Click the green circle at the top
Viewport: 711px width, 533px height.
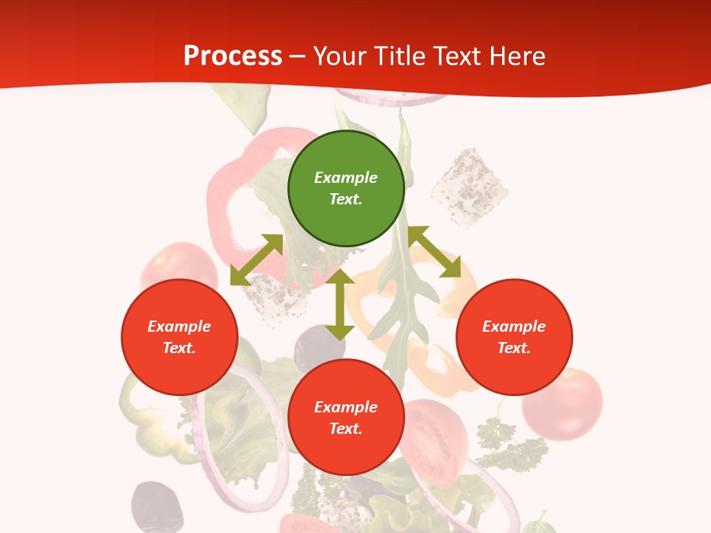click(x=346, y=188)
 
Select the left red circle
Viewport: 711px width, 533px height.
click(x=179, y=337)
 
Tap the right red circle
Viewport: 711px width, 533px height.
click(x=514, y=337)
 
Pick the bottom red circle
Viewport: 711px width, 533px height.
click(x=346, y=418)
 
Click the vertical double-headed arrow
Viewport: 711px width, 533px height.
click(x=339, y=304)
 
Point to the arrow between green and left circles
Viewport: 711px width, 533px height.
click(x=256, y=260)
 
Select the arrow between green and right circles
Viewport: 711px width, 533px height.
click(x=434, y=252)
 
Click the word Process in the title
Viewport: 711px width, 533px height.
click(x=233, y=56)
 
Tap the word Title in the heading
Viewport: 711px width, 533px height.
click(x=401, y=56)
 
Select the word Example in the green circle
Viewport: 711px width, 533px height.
click(x=346, y=178)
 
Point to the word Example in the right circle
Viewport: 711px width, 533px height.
click(x=514, y=326)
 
